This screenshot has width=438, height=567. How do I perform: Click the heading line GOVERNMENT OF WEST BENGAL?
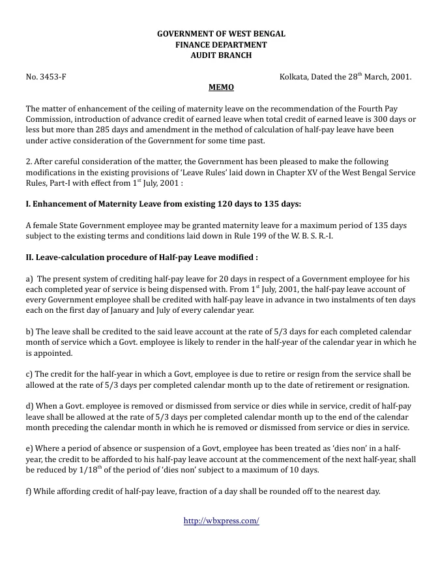coord(221,33)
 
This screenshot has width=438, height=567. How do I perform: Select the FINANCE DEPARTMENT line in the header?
coord(221,44)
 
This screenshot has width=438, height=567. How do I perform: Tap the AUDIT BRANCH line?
coord(221,55)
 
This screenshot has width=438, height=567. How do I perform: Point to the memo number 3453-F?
coord(53,77)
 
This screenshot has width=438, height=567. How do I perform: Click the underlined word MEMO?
coord(221,87)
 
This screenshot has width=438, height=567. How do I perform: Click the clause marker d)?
coord(30,405)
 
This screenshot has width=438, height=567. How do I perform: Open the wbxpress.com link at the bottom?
coord(221,521)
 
